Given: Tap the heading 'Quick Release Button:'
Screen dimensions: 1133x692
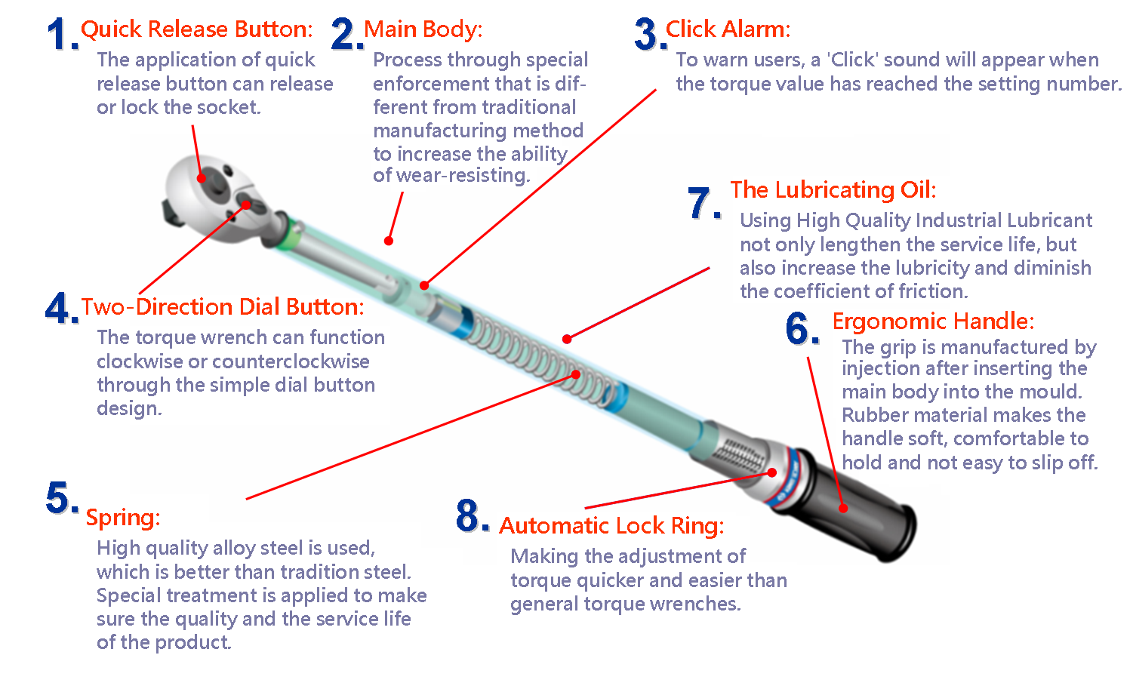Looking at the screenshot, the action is tap(197, 29).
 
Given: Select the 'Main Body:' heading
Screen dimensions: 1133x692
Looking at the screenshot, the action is tap(423, 29).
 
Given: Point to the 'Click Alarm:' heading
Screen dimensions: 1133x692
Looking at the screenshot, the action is tap(728, 29).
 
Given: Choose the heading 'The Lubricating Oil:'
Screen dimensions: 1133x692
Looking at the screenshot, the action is tap(833, 190).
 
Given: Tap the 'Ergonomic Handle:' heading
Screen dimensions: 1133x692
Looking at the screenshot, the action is tap(933, 321).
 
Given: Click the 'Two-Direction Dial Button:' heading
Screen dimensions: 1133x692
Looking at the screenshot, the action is tap(223, 307).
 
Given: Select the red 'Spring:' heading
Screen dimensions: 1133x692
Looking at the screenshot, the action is tap(123, 518).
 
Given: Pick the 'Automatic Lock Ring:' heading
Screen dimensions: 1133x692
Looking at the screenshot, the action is tap(611, 526).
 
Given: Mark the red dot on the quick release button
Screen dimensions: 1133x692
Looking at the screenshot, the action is tap(202, 178).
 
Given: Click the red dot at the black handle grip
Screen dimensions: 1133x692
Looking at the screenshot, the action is tap(843, 509).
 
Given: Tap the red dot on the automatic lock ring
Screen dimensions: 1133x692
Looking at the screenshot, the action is tap(772, 472).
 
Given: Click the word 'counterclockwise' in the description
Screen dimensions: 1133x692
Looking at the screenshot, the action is tap(291, 361).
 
